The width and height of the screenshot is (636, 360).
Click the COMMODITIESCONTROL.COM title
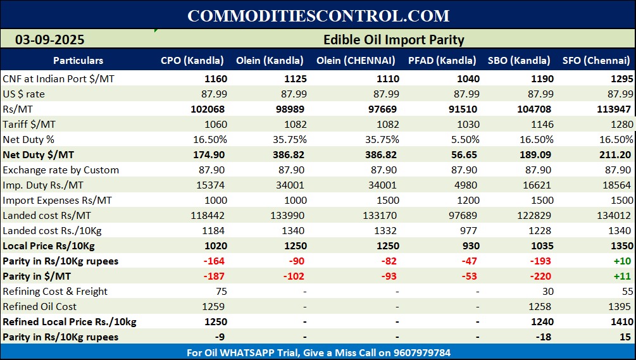click(318, 16)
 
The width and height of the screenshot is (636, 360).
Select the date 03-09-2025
click(50, 40)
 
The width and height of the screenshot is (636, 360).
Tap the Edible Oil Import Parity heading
click(394, 40)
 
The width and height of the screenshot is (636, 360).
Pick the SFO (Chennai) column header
click(596, 61)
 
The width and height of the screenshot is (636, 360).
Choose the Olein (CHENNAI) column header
click(360, 61)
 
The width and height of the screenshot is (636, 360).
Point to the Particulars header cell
click(78, 61)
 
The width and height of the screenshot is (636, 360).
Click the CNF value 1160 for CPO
click(215, 79)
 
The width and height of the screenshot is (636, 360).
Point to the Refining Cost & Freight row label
click(55, 291)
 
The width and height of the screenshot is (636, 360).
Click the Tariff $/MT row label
click(28, 124)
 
